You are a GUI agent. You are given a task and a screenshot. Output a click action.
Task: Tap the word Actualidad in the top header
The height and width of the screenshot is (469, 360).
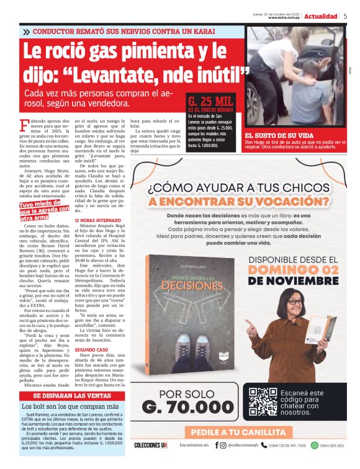321,16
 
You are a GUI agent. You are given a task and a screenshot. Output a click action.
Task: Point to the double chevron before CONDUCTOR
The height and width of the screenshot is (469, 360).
26,31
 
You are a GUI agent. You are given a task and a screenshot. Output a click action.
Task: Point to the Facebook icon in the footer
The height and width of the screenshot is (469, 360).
217,445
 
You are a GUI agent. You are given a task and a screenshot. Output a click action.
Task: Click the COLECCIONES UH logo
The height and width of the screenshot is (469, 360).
151,445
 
